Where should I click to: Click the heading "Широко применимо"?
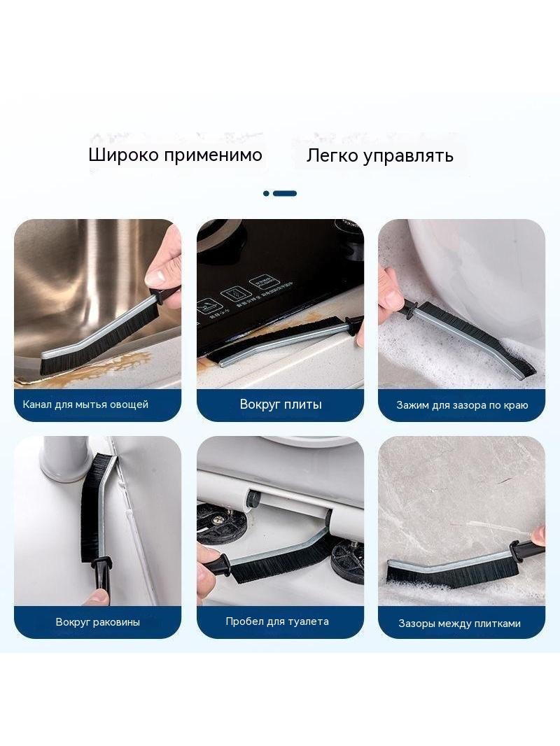coord(175,155)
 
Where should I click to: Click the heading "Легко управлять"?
coord(379,155)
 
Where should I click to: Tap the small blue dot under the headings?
coord(266,193)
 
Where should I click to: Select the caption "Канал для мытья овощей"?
coord(85,404)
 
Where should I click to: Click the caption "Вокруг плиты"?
coord(281,404)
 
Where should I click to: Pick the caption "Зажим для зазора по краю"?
coord(462,405)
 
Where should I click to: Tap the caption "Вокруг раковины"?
coord(97,622)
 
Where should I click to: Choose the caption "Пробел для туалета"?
coord(277,621)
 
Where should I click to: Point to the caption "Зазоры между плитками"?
coord(460,624)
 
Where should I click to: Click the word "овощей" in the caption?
coord(129,404)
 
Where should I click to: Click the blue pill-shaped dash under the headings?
coord(285,194)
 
